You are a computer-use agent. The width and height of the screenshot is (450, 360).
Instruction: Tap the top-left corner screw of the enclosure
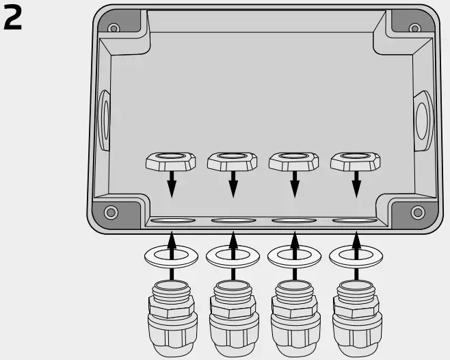click(x=114, y=28)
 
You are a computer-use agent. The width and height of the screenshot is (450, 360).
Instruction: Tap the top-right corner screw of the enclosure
click(x=414, y=28)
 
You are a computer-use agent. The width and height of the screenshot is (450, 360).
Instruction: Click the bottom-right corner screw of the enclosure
click(x=417, y=211)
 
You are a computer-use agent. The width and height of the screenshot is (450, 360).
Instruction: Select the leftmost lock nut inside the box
click(x=171, y=162)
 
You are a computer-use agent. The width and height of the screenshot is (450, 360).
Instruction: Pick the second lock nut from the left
click(x=233, y=162)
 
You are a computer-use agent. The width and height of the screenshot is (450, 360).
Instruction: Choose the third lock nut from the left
click(x=294, y=162)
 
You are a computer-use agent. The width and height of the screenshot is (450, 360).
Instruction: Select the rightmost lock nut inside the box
click(x=356, y=162)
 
